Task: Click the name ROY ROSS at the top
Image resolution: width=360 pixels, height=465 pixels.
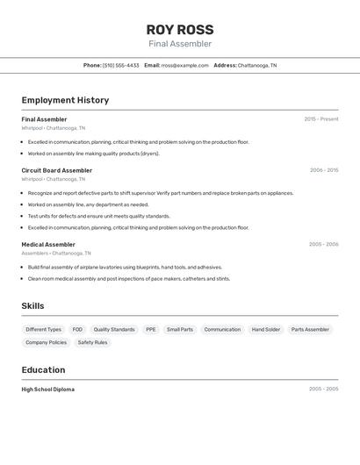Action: tap(180, 29)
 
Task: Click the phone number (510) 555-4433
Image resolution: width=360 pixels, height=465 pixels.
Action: tap(121, 65)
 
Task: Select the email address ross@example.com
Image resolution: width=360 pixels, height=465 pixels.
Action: tap(179, 65)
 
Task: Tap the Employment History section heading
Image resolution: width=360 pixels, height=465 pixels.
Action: tap(65, 100)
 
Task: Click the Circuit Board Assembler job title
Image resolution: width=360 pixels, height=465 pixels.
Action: tap(57, 170)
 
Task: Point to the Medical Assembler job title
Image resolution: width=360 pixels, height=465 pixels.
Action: tap(48, 245)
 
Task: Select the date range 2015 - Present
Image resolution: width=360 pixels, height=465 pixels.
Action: tap(321, 119)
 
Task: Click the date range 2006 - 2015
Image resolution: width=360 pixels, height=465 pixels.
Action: tap(324, 170)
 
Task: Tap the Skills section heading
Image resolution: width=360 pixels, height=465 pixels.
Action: tap(33, 306)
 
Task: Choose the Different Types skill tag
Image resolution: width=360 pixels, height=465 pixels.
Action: tap(43, 330)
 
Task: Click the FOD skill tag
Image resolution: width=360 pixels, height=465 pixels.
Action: tap(77, 330)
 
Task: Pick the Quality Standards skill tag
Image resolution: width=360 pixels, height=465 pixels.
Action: tap(114, 330)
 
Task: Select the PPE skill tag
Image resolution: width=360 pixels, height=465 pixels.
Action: tap(151, 330)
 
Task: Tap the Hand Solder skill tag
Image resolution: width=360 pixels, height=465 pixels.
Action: tap(266, 330)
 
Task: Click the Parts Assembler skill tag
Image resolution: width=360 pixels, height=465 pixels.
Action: tap(311, 330)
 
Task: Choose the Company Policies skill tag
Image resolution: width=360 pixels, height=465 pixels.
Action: tap(46, 342)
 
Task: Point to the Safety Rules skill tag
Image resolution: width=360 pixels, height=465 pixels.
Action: tap(92, 342)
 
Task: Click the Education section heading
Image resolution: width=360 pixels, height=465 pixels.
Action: tap(43, 370)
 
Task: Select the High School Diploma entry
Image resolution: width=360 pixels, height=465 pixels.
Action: tap(48, 390)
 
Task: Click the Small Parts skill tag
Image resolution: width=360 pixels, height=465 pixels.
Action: tap(180, 330)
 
